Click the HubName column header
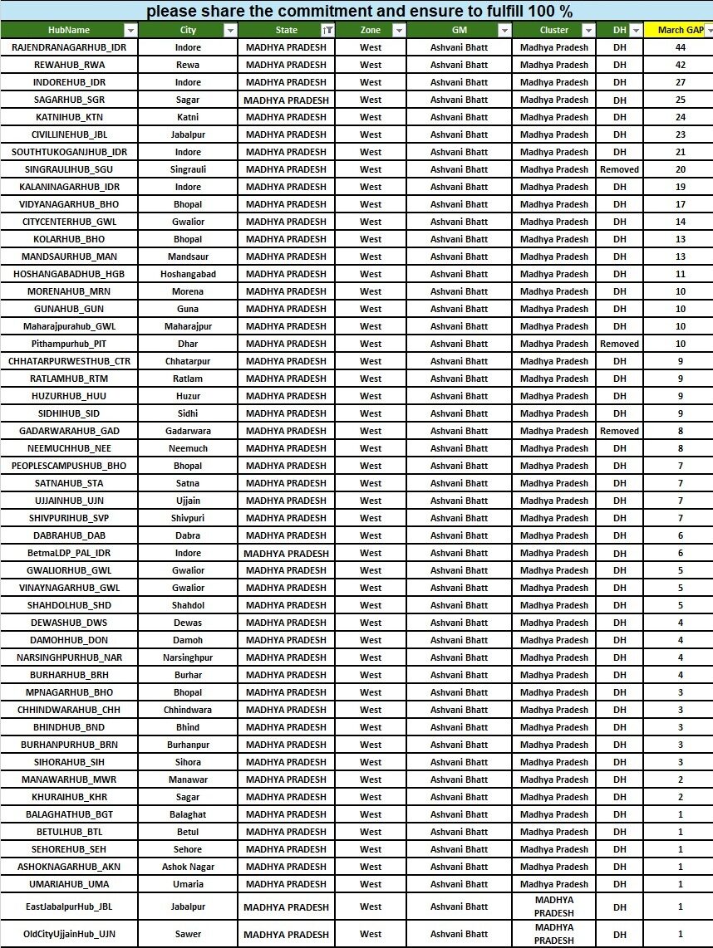click(69, 30)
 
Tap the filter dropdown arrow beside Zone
click(399, 30)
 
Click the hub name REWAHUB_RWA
click(69, 65)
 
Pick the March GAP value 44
click(680, 47)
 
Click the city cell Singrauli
click(188, 169)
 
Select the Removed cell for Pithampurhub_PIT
click(619, 344)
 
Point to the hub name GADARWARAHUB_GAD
click(69, 431)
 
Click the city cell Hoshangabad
click(188, 274)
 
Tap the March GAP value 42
click(680, 65)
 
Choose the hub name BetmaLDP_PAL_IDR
click(69, 553)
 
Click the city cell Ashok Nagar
click(188, 867)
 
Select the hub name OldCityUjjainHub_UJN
click(69, 934)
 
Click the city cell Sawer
click(188, 934)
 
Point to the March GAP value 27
click(680, 82)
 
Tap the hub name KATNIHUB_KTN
click(69, 117)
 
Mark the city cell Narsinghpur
click(188, 657)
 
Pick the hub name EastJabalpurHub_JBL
click(69, 907)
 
